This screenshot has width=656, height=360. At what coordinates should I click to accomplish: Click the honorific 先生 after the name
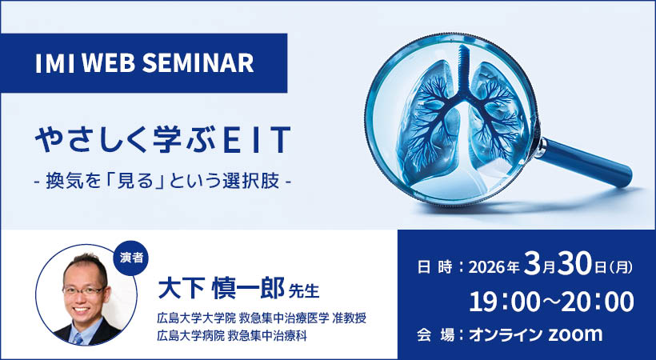(x=302, y=289)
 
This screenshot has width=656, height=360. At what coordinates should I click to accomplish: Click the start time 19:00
(x=502, y=302)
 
